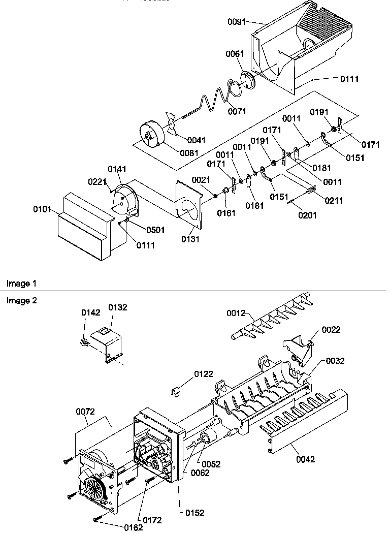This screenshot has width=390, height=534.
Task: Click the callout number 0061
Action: [235, 54]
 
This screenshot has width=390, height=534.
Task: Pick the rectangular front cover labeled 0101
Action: [81, 226]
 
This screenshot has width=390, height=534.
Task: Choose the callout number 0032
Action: [335, 361]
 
